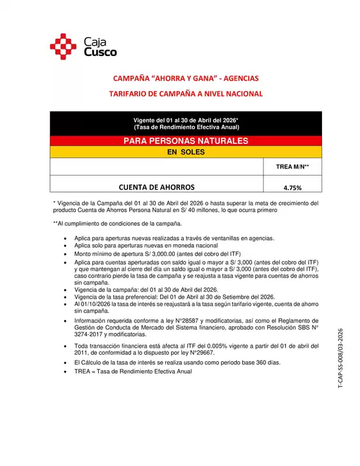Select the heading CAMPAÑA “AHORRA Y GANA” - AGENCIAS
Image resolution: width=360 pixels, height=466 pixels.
click(x=186, y=78)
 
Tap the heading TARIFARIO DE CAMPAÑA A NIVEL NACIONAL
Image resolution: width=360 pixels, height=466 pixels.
click(x=186, y=94)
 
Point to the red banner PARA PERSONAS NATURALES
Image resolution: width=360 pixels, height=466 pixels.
click(x=186, y=141)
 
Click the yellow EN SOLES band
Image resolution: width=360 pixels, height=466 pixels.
click(x=186, y=153)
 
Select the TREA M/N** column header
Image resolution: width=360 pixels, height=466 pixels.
click(x=292, y=167)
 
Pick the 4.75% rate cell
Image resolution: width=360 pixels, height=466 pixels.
click(x=292, y=188)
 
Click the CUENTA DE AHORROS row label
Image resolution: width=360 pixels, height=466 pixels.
click(x=157, y=187)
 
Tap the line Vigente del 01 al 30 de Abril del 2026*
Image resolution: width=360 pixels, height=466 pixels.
click(x=186, y=120)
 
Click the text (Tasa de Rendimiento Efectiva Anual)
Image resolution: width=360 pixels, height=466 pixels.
click(x=186, y=127)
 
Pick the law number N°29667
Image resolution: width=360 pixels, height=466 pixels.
click(x=199, y=353)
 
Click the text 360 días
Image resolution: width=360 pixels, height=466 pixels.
click(x=267, y=363)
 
